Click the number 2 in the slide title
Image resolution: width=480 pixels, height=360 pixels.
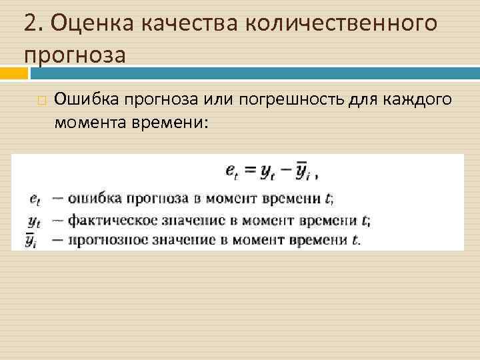coord(29,24)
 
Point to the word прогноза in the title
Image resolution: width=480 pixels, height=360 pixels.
coord(74,55)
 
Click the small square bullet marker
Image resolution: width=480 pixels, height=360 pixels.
coord(42,101)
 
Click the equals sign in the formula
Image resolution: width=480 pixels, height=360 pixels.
coord(249,172)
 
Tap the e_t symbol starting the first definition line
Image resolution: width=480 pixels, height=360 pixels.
coord(35,198)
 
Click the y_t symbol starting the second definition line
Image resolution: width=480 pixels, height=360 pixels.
coord(35,219)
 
